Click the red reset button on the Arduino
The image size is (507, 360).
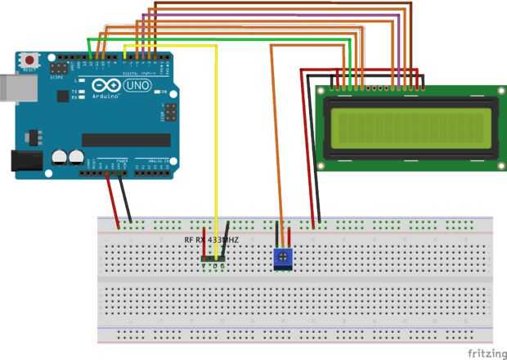click(x=31, y=60)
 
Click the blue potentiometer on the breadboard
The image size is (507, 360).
click(x=282, y=259)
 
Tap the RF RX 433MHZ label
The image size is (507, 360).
click(x=211, y=240)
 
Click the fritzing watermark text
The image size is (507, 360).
click(x=485, y=353)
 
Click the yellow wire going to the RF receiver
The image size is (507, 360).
click(x=217, y=147)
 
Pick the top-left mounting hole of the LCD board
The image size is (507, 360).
click(x=321, y=91)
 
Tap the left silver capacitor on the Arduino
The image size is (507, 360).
click(x=60, y=156)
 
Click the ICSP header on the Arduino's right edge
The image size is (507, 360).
click(x=171, y=110)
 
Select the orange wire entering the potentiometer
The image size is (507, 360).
click(x=277, y=164)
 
